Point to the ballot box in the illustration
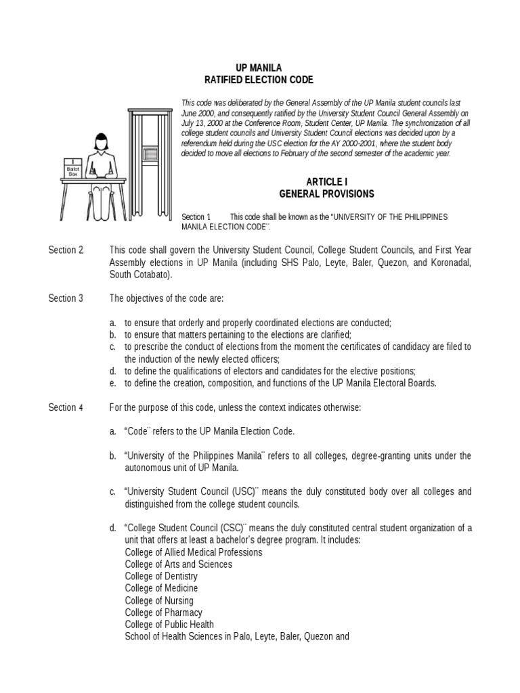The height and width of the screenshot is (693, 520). click(x=72, y=169)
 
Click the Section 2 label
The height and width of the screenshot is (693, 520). click(x=66, y=250)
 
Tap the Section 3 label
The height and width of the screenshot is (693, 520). click(x=66, y=298)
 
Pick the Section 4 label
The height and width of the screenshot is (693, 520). click(x=66, y=407)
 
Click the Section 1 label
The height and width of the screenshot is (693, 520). click(x=196, y=216)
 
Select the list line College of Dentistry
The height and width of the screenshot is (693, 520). click(x=161, y=576)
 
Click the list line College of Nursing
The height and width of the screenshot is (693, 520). click(x=158, y=600)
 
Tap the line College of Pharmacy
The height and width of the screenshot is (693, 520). click(x=163, y=612)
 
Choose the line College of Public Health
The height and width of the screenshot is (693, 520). click(x=169, y=625)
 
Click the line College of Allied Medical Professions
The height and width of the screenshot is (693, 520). click(x=194, y=552)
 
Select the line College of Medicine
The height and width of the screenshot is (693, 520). click(x=161, y=588)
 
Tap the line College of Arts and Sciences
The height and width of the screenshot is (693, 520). click(x=178, y=564)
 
